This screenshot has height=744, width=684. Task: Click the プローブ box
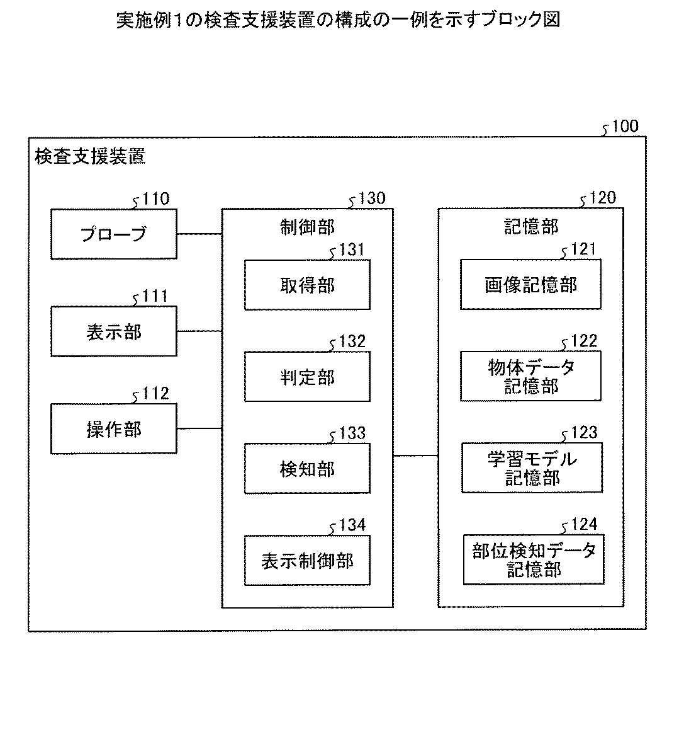click(x=114, y=234)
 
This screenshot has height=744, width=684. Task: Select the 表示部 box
click(x=114, y=331)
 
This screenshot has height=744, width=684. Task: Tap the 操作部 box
click(x=114, y=429)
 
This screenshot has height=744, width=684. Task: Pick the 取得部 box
click(x=307, y=285)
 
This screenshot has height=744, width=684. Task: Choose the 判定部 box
click(x=307, y=377)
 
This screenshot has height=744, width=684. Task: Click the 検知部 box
click(x=307, y=469)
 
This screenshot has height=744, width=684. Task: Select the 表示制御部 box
click(x=307, y=561)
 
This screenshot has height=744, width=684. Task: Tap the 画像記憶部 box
click(x=530, y=285)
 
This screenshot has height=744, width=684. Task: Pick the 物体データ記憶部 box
click(x=530, y=376)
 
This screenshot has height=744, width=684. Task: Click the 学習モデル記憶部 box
click(x=532, y=468)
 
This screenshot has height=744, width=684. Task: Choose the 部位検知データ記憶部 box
click(x=533, y=560)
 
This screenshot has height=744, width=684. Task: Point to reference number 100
click(x=624, y=127)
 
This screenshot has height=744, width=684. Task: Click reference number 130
click(x=371, y=199)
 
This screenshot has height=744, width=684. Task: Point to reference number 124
click(x=583, y=525)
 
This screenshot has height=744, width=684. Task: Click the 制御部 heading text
click(x=307, y=227)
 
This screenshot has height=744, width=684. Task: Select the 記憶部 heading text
click(x=530, y=227)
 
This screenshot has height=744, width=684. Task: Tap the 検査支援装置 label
click(x=90, y=157)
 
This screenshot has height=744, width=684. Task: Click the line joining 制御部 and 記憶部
click(x=415, y=455)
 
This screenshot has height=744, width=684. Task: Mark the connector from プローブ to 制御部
click(x=199, y=234)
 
